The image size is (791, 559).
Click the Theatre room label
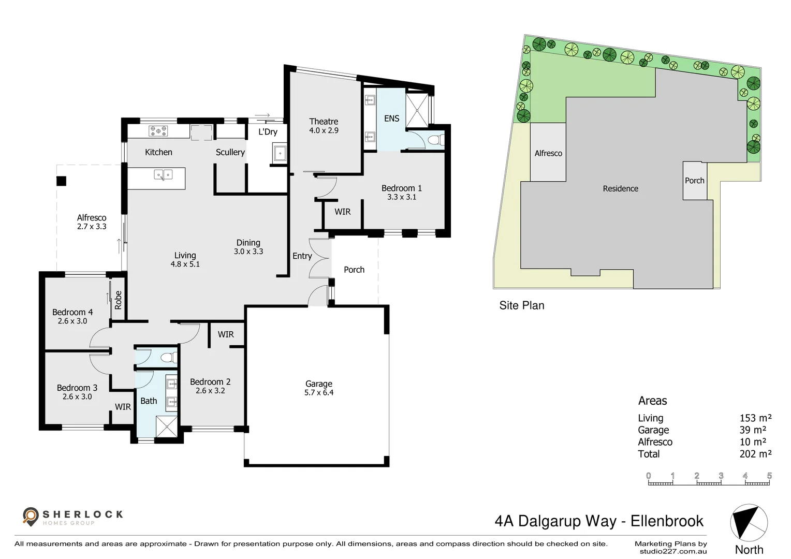click(x=324, y=122)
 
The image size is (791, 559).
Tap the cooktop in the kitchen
click(x=158, y=131)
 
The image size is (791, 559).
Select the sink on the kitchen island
click(x=163, y=174)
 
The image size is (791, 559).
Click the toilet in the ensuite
click(x=437, y=140)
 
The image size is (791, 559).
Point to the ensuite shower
click(x=417, y=110)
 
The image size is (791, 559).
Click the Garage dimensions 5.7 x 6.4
click(x=319, y=392)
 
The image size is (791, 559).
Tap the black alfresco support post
click(x=62, y=181)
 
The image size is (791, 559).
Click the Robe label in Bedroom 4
click(x=118, y=300)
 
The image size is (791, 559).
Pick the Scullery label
click(x=230, y=152)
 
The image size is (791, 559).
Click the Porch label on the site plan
click(x=695, y=181)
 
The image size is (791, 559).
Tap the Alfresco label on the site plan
click(x=548, y=153)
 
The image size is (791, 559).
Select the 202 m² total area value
click(x=755, y=454)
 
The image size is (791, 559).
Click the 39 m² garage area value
click(x=753, y=430)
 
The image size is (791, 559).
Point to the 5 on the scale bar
click(x=769, y=476)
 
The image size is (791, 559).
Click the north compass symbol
click(x=749, y=523)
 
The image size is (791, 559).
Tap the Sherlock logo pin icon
click(x=31, y=517)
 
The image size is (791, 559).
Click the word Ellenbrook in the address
click(x=667, y=521)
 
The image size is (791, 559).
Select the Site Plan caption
click(x=522, y=305)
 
